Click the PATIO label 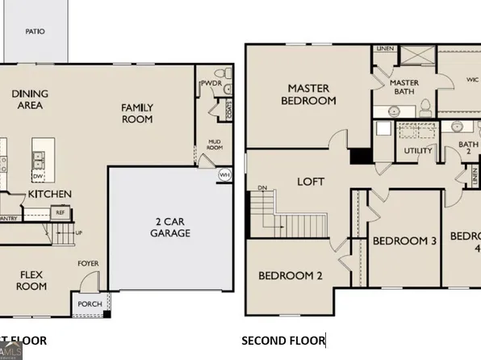click(x=35, y=32)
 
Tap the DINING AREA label click(x=30, y=99)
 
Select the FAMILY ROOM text click(x=137, y=113)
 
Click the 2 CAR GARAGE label click(x=169, y=227)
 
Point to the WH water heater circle click(x=224, y=174)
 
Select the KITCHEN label click(x=50, y=195)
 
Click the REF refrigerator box click(x=60, y=213)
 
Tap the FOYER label click(x=88, y=263)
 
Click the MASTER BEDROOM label click(x=308, y=94)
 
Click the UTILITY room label click(x=418, y=151)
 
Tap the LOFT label click(x=311, y=182)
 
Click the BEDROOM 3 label click(x=405, y=241)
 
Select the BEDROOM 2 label click(x=291, y=276)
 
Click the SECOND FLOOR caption click(x=282, y=341)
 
